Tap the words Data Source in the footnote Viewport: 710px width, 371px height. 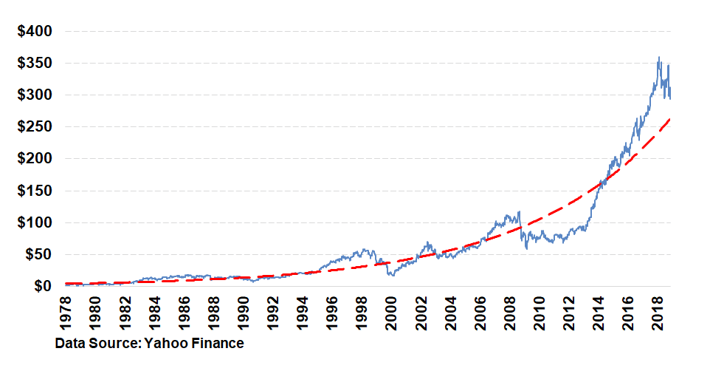point(96,343)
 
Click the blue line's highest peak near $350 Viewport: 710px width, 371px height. point(659,58)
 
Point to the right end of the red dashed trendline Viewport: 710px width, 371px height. point(670,118)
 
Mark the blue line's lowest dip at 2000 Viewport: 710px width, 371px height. point(390,276)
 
